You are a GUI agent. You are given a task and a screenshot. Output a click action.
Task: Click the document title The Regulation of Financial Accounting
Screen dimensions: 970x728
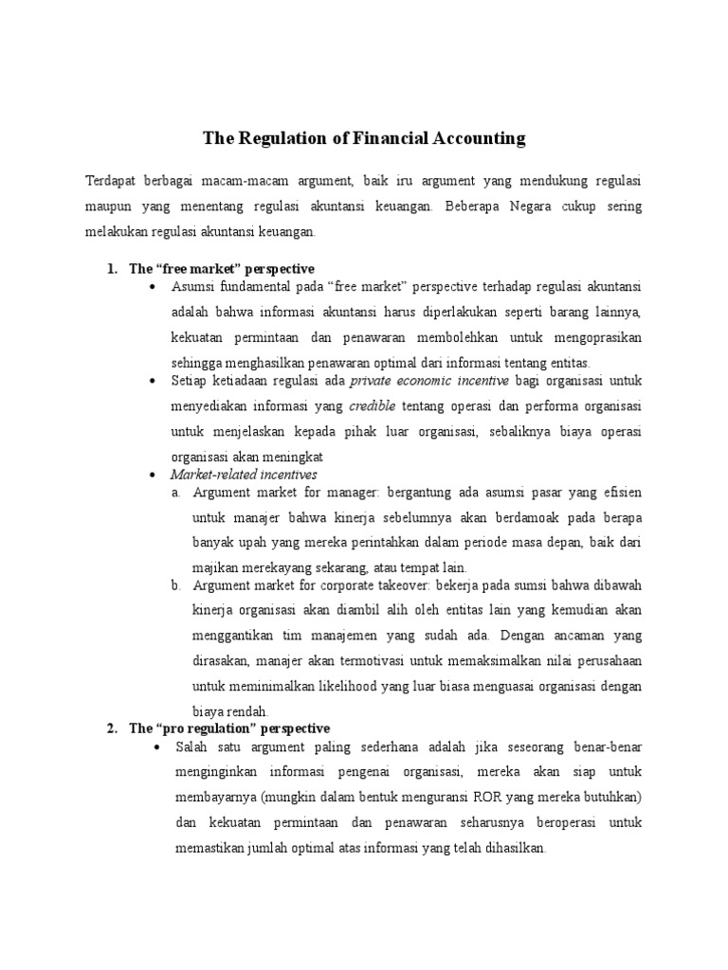[x=364, y=139]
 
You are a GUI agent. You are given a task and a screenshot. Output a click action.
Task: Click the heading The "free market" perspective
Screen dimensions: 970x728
[x=223, y=269]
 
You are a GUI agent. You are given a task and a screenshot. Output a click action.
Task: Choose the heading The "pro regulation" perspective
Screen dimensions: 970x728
[x=229, y=728]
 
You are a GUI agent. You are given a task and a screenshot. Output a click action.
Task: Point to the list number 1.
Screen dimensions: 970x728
[x=112, y=269]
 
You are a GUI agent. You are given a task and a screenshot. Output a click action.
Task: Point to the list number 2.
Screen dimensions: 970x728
[x=112, y=728]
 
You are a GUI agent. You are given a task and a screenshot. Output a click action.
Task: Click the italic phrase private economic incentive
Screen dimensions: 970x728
[x=430, y=381]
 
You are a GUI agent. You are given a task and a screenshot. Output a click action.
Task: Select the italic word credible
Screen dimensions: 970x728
[x=373, y=406]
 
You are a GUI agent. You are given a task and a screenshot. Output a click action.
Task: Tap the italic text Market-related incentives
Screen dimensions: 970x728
[x=244, y=473]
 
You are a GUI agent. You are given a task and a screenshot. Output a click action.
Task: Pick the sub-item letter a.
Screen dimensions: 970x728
[x=175, y=493]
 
